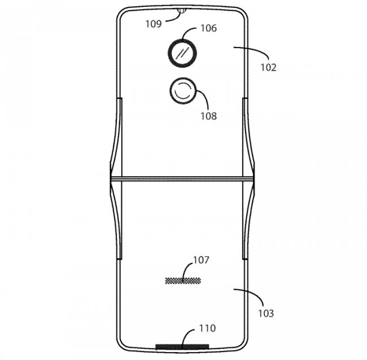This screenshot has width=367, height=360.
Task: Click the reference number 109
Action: click(x=154, y=24)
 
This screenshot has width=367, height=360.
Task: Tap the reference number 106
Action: click(x=209, y=28)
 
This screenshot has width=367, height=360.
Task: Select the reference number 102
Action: click(x=269, y=67)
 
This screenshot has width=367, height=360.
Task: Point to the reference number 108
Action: click(x=209, y=116)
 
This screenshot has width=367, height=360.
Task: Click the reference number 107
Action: click(x=201, y=260)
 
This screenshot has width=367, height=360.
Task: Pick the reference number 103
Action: click(x=266, y=313)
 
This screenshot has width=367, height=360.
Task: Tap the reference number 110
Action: click(x=207, y=328)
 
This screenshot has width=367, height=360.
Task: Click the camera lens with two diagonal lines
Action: click(x=182, y=53)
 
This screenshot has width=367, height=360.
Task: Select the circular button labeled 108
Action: click(x=183, y=91)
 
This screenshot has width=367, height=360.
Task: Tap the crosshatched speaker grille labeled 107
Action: click(x=183, y=281)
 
